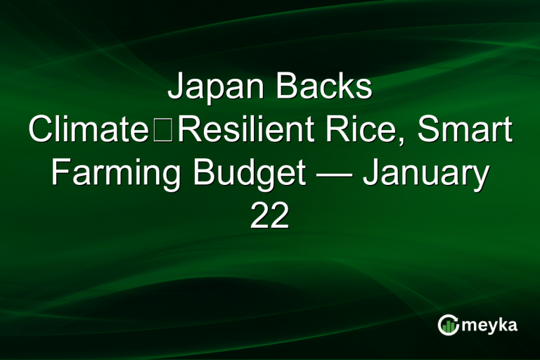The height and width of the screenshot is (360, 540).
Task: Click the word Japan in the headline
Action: [216, 89]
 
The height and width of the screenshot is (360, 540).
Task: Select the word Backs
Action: [324, 89]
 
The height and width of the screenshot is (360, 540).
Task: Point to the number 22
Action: [270, 217]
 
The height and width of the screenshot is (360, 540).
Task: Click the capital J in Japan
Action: [176, 89]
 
